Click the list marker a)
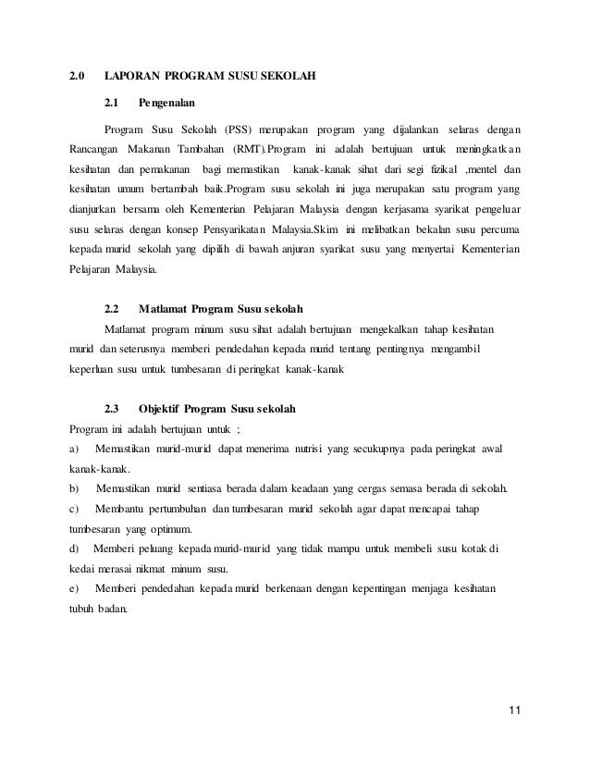pyautogui.click(x=74, y=449)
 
